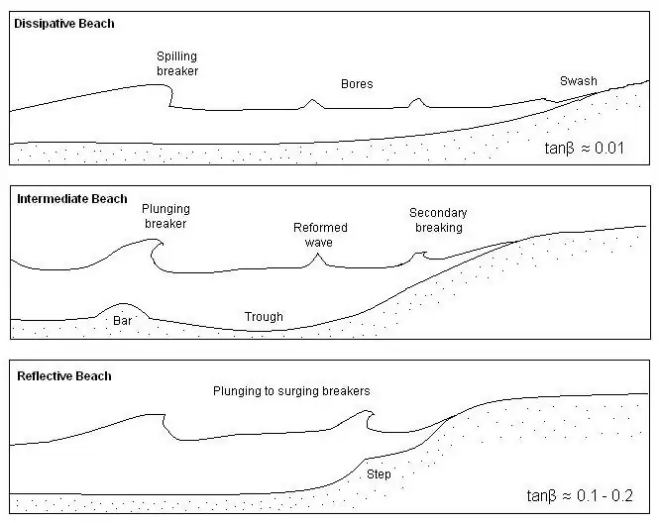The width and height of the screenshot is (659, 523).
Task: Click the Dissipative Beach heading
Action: pos(64,24)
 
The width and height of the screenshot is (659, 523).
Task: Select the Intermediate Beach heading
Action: pos(72,199)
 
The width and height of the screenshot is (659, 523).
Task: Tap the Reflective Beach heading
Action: pos(64,376)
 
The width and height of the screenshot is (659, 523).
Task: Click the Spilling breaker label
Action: pos(177,63)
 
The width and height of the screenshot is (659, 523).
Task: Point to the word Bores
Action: pos(357,84)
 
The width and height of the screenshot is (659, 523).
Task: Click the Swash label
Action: pos(579,81)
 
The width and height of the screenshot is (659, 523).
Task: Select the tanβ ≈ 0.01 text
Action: pos(585,149)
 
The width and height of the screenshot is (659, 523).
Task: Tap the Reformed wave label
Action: pos(320,235)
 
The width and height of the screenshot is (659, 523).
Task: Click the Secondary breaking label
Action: pos(438,220)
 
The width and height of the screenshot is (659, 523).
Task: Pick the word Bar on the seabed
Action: pos(122,321)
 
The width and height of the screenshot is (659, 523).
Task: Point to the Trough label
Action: pos(264,317)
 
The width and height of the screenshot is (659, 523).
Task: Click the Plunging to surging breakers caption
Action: pos(291,391)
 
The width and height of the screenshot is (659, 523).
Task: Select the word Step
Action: pos(379,474)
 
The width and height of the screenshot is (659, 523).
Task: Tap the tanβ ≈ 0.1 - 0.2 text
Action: pos(580,496)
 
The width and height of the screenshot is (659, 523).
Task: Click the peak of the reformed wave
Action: pos(318,255)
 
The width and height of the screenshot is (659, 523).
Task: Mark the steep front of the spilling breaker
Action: pos(170,96)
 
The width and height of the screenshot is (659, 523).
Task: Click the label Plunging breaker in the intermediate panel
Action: pos(165,216)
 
